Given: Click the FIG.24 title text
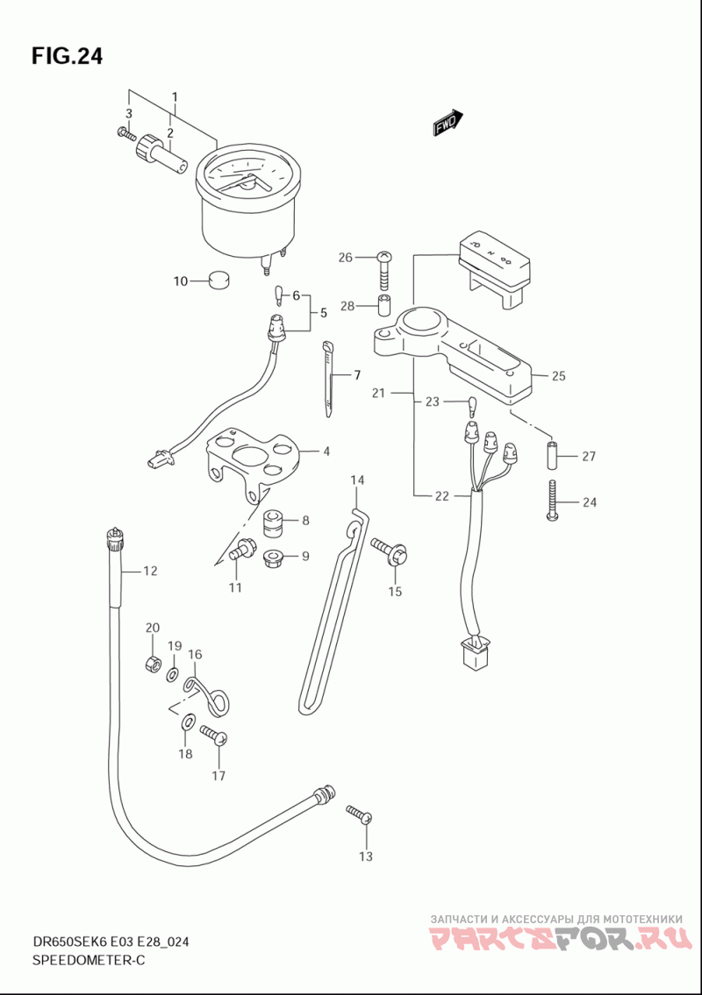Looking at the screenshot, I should [67, 56].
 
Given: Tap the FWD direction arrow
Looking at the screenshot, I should [448, 124].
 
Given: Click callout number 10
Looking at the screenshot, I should [181, 281].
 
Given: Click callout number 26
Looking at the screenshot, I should [345, 257].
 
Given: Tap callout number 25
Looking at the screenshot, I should [559, 376].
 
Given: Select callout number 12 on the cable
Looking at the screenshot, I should [150, 572].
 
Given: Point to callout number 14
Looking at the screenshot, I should [357, 480].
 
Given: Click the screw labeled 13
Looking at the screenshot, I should [359, 814].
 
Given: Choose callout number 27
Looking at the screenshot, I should [588, 456].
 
